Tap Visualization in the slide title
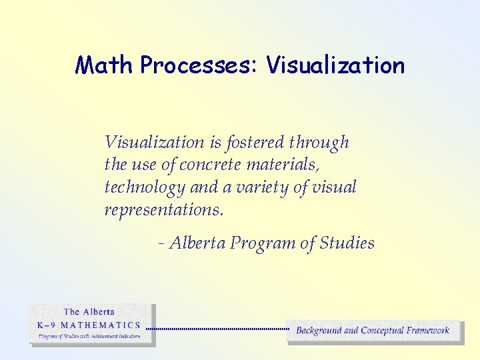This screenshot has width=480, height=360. [x=335, y=65]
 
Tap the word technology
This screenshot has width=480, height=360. [x=144, y=187]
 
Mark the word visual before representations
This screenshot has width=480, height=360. [x=334, y=187]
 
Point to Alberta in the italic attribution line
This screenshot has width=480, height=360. [x=198, y=243]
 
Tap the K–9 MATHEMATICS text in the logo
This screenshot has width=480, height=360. [x=89, y=325]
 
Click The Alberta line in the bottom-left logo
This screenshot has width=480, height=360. [x=89, y=311]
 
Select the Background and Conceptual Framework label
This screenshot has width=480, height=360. [x=373, y=330]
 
